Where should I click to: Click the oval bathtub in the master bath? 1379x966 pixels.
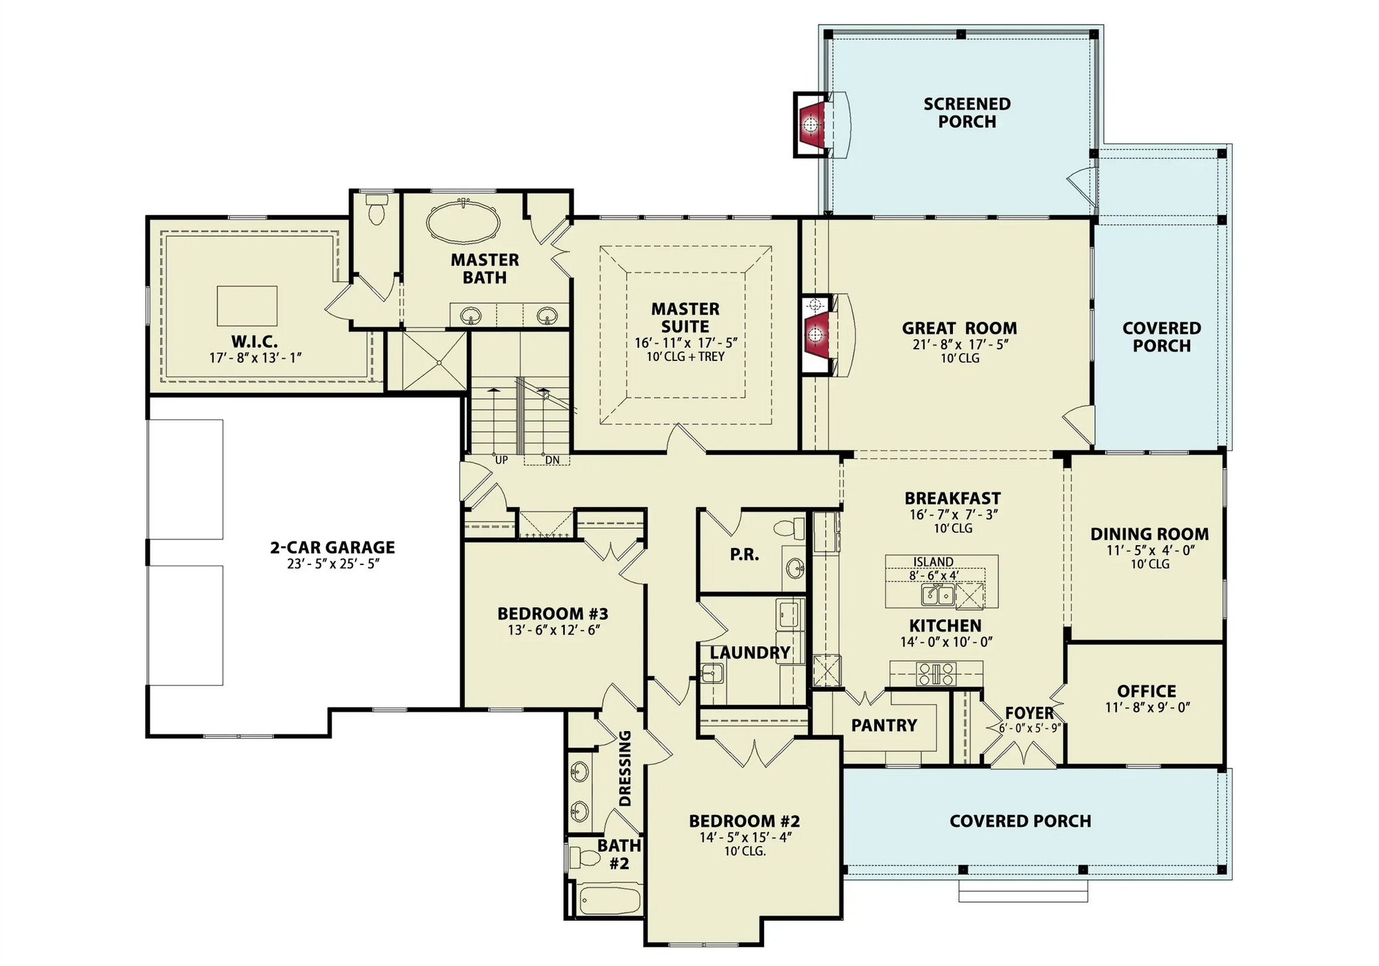pyautogui.click(x=463, y=222)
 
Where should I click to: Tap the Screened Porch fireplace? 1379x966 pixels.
pyautogui.click(x=811, y=125)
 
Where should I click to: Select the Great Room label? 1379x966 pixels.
pyautogui.click(x=959, y=328)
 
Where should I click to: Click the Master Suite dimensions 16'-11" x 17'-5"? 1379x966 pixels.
pyautogui.click(x=685, y=342)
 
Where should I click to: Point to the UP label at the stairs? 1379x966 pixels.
pyautogui.click(x=501, y=460)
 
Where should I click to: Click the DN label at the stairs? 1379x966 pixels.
pyautogui.click(x=552, y=460)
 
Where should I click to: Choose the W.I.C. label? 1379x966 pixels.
pyautogui.click(x=254, y=341)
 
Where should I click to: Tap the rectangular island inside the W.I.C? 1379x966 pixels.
pyautogui.click(x=247, y=306)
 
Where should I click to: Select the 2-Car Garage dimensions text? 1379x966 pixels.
pyautogui.click(x=333, y=564)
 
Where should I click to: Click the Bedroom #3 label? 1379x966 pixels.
pyautogui.click(x=552, y=613)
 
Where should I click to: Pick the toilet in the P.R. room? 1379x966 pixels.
pyautogui.click(x=789, y=528)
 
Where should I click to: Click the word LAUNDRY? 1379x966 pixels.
pyautogui.click(x=749, y=652)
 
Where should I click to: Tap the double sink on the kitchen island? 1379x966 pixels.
pyautogui.click(x=938, y=595)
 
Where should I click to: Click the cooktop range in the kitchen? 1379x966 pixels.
pyautogui.click(x=936, y=673)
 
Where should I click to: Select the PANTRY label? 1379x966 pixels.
pyautogui.click(x=883, y=725)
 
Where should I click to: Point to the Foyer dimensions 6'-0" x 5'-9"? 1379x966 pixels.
pyautogui.click(x=1029, y=728)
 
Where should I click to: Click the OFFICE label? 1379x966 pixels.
pyautogui.click(x=1146, y=690)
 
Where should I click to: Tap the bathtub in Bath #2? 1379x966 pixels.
pyautogui.click(x=610, y=900)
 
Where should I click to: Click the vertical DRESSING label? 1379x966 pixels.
pyautogui.click(x=625, y=768)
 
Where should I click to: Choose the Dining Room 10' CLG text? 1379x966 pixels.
pyautogui.click(x=1149, y=564)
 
